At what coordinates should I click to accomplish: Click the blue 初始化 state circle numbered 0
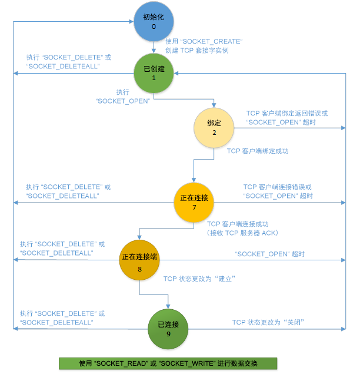tap(154, 22)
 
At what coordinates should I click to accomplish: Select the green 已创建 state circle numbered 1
tap(154, 74)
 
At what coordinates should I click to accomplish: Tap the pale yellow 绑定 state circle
tap(214, 128)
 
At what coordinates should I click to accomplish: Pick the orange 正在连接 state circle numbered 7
tap(194, 202)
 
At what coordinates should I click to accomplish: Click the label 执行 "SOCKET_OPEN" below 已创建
tap(122, 97)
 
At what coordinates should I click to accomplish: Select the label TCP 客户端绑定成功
tap(258, 151)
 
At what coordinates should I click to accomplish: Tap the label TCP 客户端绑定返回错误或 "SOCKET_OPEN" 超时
tap(286, 117)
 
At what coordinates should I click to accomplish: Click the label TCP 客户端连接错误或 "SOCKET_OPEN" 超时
tap(278, 191)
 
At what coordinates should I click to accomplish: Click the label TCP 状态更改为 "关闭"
tap(268, 322)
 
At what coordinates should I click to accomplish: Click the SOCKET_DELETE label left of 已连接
tap(62, 318)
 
